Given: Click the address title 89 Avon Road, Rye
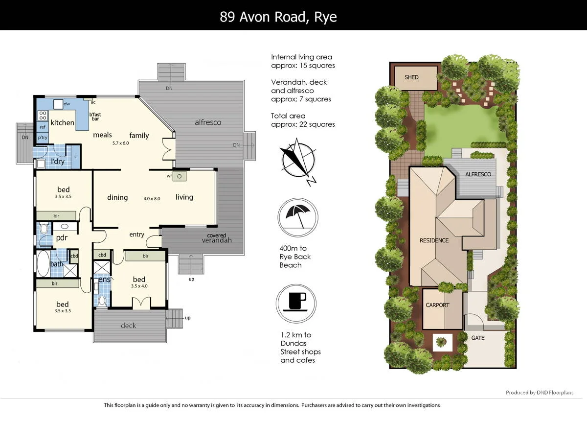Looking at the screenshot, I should pos(278,17).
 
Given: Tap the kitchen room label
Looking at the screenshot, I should pos(62,122).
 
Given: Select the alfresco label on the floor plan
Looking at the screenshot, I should pos(208,122).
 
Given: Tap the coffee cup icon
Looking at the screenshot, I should pos(295,299).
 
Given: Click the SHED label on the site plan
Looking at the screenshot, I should pos(411,77).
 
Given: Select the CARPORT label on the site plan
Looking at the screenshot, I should pos(437,305).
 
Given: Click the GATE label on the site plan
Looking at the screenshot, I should pos(478,338).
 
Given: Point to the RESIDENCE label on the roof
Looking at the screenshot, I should pos(434,240).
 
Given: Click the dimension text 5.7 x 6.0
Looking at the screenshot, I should pos(120,143).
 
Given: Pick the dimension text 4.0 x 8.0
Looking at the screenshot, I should pos(152,199).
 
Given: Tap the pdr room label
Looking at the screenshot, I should pos(62,238).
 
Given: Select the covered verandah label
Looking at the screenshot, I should pos(216,238).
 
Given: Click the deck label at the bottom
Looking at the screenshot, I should pos(128,326).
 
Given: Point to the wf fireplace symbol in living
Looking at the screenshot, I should pos(179,176).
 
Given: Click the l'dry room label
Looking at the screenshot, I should pos(58,161).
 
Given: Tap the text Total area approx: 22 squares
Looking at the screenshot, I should pos(303,120).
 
